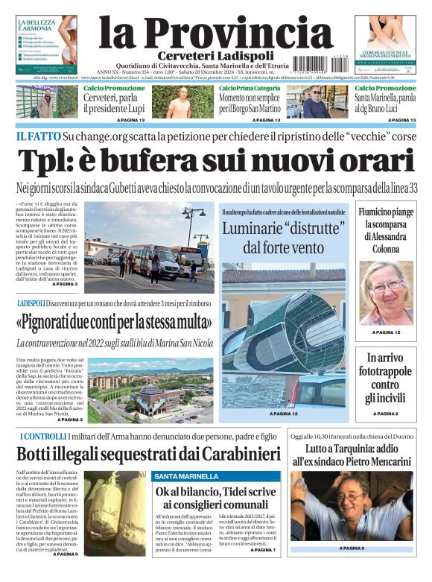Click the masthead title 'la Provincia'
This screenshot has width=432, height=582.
[215, 34]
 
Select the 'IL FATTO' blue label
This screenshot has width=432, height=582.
[37, 137]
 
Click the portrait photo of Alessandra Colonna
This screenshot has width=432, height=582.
[386, 293]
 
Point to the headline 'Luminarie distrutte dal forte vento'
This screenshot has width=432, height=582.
[282, 236]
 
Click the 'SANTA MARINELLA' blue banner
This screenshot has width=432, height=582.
[187, 476]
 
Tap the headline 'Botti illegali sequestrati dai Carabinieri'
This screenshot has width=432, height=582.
[148, 454]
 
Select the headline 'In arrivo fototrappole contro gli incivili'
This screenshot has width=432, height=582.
[386, 378]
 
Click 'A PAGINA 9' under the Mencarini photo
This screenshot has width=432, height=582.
[352, 548]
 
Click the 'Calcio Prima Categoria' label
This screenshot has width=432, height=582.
[250, 89]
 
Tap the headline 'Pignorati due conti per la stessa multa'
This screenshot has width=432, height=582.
[114, 323]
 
